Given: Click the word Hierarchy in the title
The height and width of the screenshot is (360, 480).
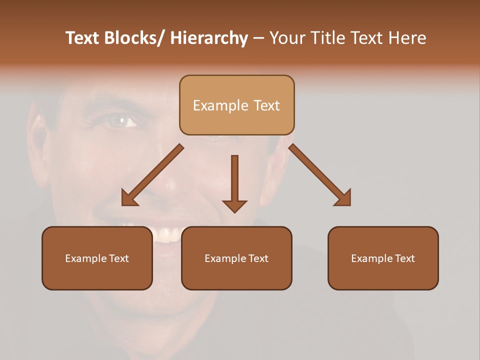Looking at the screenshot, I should tap(209, 38).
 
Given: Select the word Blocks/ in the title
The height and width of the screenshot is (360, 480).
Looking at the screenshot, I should tap(133, 38).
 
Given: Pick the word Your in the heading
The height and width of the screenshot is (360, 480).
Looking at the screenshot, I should tap(287, 38).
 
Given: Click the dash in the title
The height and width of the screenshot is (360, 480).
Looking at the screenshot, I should tap(258, 39).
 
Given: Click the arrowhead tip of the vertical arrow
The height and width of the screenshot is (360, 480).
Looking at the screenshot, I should tap(234, 212).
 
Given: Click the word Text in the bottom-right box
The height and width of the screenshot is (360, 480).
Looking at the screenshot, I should tap(404, 258).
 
